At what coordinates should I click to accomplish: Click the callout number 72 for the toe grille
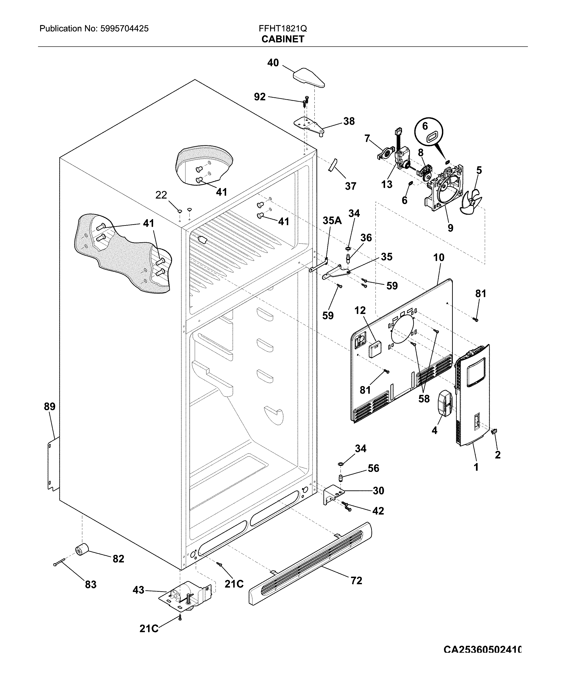tap(356, 580)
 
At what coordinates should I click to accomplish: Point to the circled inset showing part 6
tap(428, 134)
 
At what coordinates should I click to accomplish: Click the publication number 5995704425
tap(124, 29)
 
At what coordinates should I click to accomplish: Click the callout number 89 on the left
tap(50, 406)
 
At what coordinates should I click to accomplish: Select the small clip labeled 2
tap(495, 431)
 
